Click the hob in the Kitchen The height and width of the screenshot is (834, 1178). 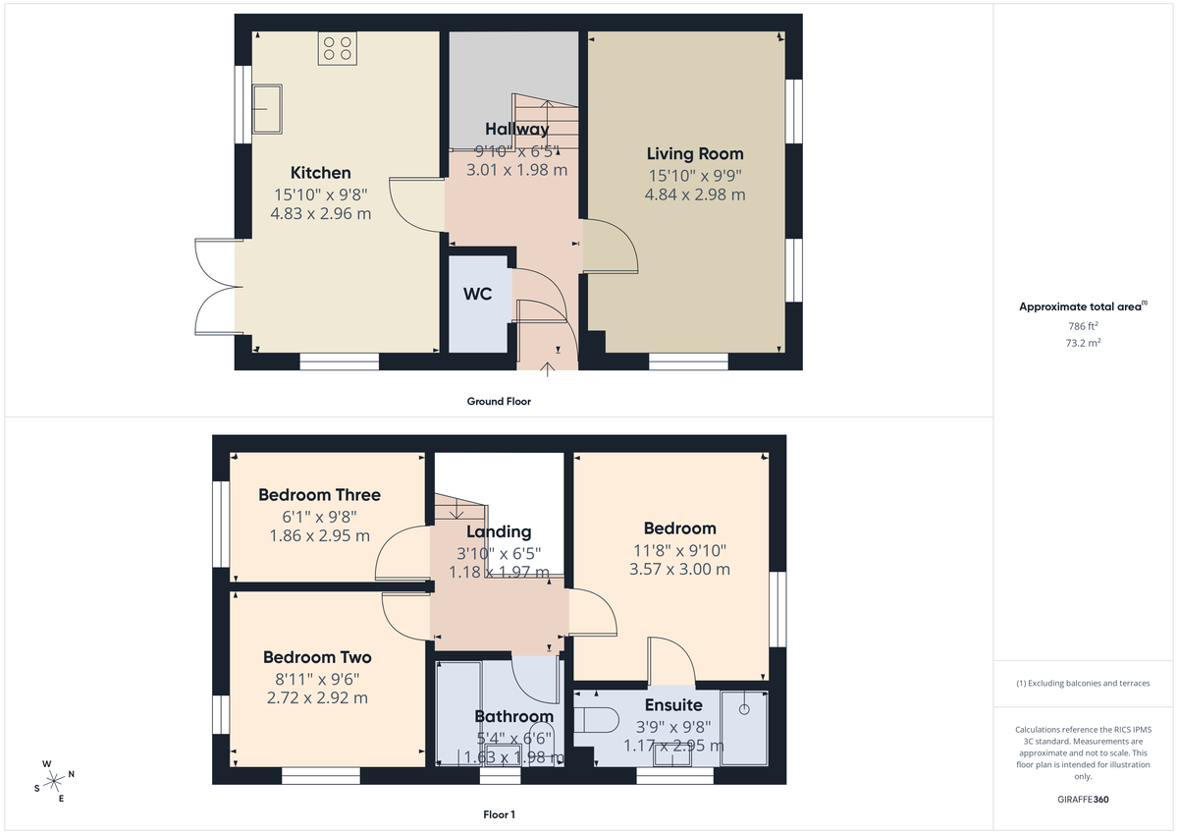pyautogui.click(x=337, y=49)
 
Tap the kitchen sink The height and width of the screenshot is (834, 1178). pyautogui.click(x=267, y=107)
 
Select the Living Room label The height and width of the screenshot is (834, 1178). pyautogui.click(x=694, y=154)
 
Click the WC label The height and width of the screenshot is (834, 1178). pyautogui.click(x=478, y=294)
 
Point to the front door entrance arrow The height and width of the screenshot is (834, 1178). pyautogui.click(x=548, y=369)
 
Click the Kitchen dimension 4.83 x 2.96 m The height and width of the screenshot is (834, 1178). pyautogui.click(x=321, y=212)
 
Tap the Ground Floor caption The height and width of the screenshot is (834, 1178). pyautogui.click(x=499, y=401)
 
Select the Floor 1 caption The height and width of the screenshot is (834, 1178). pyautogui.click(x=499, y=814)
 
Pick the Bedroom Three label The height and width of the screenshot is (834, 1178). pyautogui.click(x=319, y=495)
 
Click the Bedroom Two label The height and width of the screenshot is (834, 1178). pyautogui.click(x=317, y=657)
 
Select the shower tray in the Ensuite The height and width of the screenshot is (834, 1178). pyautogui.click(x=744, y=727)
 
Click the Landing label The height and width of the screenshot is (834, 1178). pyautogui.click(x=499, y=531)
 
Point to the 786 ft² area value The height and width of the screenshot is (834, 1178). pyautogui.click(x=1083, y=326)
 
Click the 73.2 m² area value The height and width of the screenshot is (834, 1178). pyautogui.click(x=1083, y=344)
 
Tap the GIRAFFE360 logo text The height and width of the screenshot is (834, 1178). pyautogui.click(x=1083, y=800)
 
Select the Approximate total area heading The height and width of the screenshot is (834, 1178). pyautogui.click(x=1080, y=307)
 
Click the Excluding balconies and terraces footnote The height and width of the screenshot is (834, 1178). pyautogui.click(x=1083, y=683)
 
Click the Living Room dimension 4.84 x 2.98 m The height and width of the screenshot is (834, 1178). pyautogui.click(x=694, y=195)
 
